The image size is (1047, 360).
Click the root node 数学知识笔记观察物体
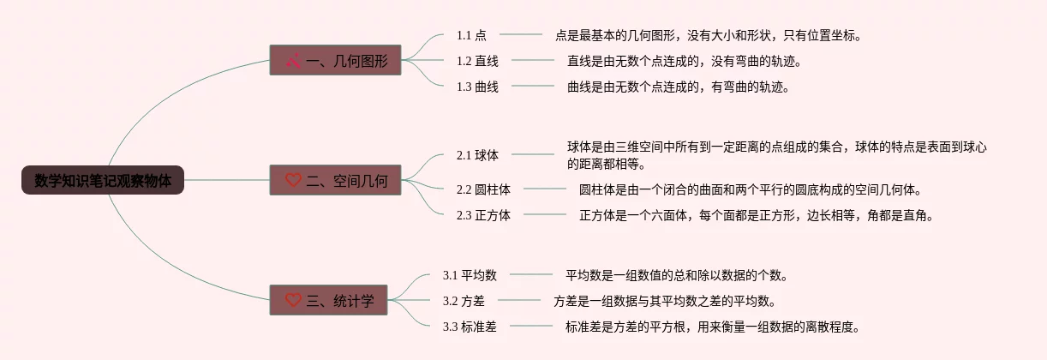[x=103, y=181]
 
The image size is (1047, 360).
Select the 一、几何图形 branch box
[x=336, y=61]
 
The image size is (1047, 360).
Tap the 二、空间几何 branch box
[x=336, y=181]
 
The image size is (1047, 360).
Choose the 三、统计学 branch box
[x=336, y=300]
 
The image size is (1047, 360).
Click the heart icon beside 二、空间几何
[x=293, y=181]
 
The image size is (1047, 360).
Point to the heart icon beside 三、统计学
[x=293, y=300]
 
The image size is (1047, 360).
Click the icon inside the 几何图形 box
[x=293, y=61]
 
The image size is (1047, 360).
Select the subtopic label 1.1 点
[x=471, y=35]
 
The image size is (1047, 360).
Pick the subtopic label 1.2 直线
[x=477, y=61]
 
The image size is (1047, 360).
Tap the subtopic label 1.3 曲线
[x=477, y=87]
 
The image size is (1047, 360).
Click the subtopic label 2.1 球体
[x=477, y=155]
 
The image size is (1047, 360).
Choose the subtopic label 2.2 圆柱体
[x=483, y=189]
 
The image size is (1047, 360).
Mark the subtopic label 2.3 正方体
[x=483, y=215]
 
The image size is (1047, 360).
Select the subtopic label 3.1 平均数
[x=470, y=275]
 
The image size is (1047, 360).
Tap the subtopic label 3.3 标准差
[x=470, y=327]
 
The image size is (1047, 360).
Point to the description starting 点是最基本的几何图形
[x=708, y=35]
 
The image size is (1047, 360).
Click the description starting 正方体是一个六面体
[x=755, y=215]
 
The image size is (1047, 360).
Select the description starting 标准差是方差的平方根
[x=711, y=327]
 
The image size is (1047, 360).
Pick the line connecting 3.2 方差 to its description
[x=519, y=301]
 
